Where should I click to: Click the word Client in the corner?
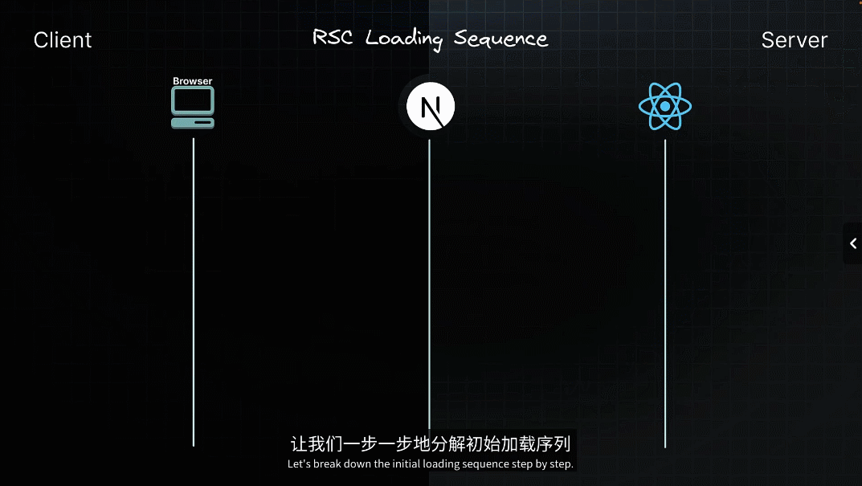pyautogui.click(x=63, y=40)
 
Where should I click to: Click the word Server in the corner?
pyautogui.click(x=794, y=40)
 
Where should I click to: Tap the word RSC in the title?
pyautogui.click(x=334, y=38)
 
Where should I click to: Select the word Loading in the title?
pyautogui.click(x=404, y=39)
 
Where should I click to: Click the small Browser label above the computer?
pyautogui.click(x=193, y=81)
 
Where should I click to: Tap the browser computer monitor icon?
pyautogui.click(x=193, y=100)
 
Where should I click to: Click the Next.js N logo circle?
pyautogui.click(x=430, y=107)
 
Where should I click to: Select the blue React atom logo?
pyautogui.click(x=665, y=107)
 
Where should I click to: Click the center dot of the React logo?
pyautogui.click(x=665, y=107)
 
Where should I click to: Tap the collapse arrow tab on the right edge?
pyautogui.click(x=852, y=243)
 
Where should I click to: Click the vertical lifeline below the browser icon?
pyautogui.click(x=194, y=289)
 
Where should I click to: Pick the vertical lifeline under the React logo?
pyautogui.click(x=665, y=289)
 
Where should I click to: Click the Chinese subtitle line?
pyautogui.click(x=431, y=444)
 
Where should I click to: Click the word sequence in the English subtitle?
pyautogui.click(x=492, y=464)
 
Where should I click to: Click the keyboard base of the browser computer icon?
pyautogui.click(x=193, y=123)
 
